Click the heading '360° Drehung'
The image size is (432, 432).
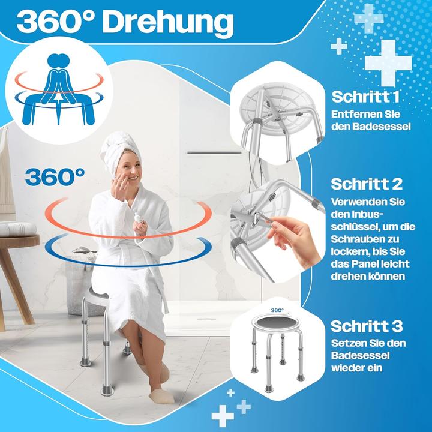pyautogui.click(x=124, y=23)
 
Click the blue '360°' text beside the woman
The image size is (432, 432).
pyautogui.click(x=55, y=176)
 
